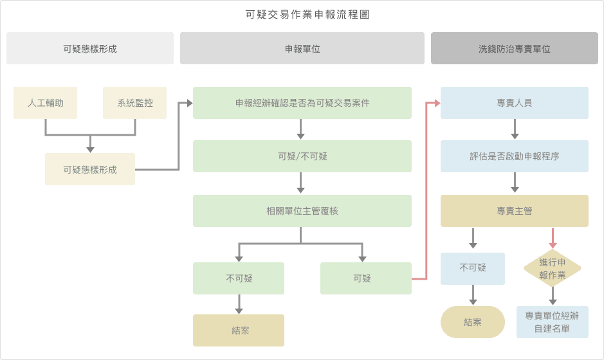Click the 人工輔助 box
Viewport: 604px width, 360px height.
45,103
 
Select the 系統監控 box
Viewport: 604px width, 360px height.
135,103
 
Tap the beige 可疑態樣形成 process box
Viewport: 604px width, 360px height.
90,169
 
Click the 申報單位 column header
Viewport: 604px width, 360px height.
302,48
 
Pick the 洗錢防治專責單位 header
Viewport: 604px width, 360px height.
515,48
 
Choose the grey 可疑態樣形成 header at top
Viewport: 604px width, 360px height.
90,48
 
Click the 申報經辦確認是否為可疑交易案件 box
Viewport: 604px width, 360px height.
302,103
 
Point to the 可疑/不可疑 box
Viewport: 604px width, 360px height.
302,156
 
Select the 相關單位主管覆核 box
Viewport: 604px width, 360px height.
302,211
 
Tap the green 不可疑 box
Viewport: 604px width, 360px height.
239,278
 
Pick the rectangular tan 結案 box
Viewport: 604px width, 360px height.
239,330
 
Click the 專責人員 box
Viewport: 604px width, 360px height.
515,103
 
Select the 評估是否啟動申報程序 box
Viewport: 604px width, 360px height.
515,156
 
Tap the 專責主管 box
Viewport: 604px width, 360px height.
515,211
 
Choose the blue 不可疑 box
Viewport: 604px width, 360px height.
473,268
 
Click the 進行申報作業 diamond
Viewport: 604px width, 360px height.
552,268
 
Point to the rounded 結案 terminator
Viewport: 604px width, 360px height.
473,322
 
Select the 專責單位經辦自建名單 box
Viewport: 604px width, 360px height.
552,322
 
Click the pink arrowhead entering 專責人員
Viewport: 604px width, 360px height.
437,103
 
